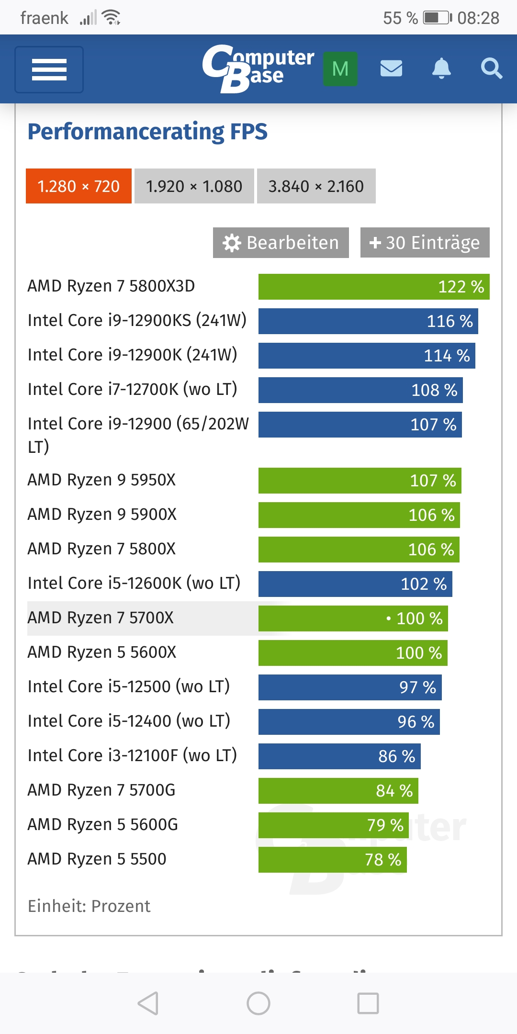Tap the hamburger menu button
click(x=49, y=69)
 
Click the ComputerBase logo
click(x=258, y=68)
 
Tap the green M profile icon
click(x=340, y=69)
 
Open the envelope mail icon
click(x=391, y=68)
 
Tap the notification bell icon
click(x=441, y=68)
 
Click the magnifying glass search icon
click(x=491, y=68)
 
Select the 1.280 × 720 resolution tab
click(x=79, y=186)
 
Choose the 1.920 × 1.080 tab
click(x=194, y=186)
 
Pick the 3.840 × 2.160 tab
click(x=316, y=186)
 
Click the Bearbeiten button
click(x=281, y=243)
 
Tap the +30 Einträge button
click(x=425, y=243)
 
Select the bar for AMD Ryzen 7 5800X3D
click(x=373, y=287)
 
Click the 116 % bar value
click(x=450, y=321)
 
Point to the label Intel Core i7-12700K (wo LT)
click(x=133, y=389)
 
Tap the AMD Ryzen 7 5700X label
click(x=101, y=618)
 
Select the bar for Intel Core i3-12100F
click(x=339, y=756)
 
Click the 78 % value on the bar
click(x=383, y=860)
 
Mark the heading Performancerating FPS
click(x=147, y=132)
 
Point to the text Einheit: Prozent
click(x=89, y=906)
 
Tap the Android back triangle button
click(x=148, y=1003)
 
